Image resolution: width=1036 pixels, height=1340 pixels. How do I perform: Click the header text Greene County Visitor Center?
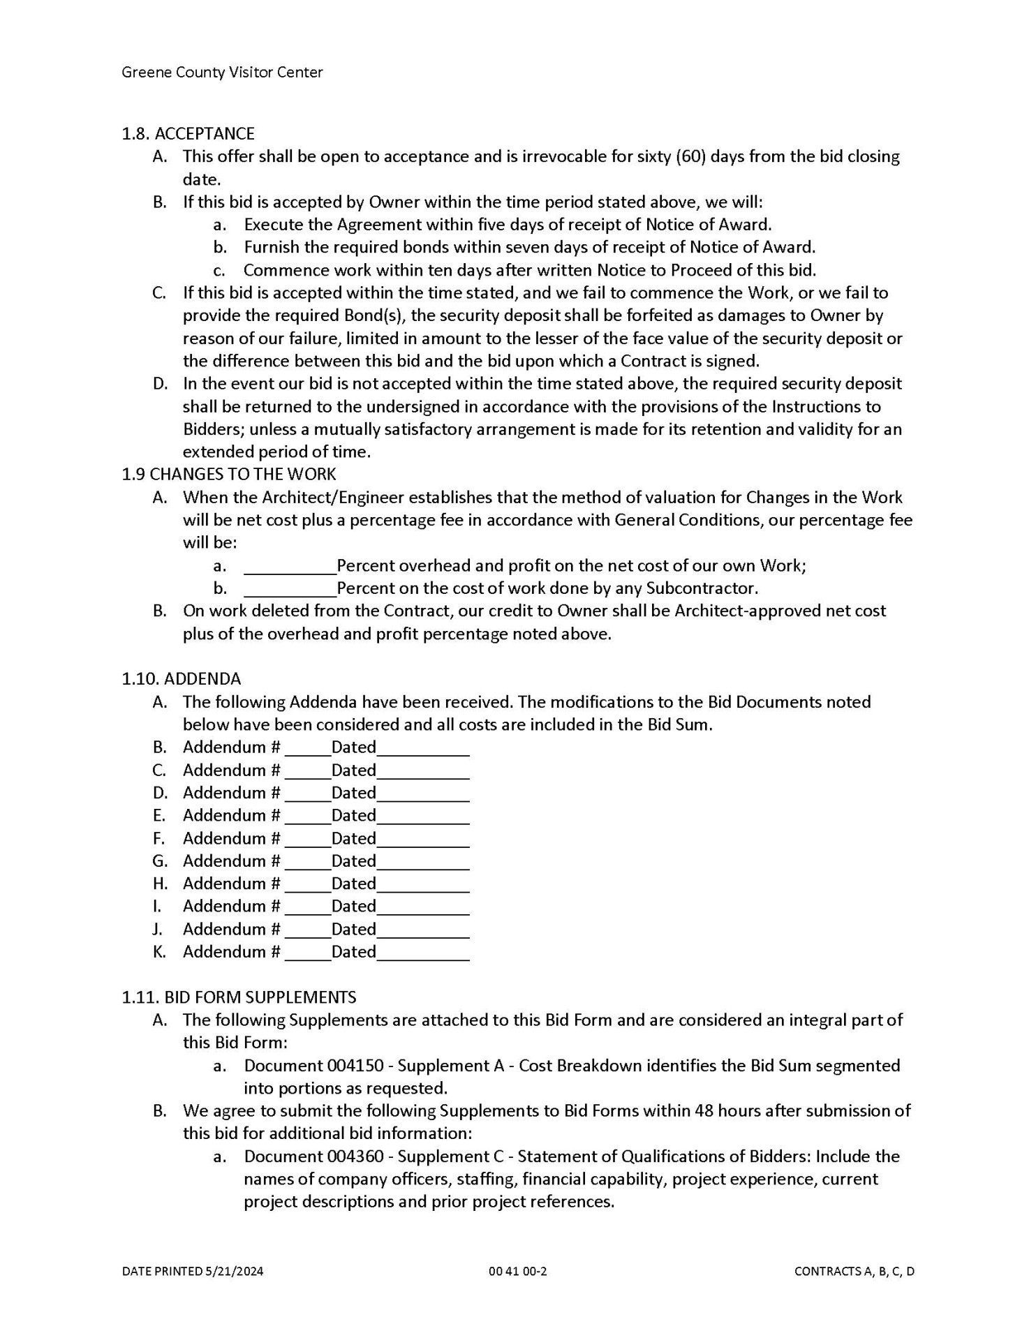222,72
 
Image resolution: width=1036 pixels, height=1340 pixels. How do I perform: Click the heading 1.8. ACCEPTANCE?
188,133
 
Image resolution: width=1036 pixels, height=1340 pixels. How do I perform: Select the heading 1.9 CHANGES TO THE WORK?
228,474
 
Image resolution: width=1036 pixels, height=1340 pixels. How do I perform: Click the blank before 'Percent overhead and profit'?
289,565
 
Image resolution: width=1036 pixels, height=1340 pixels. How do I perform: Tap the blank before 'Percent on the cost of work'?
289,588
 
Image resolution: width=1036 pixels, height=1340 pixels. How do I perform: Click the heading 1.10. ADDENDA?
181,678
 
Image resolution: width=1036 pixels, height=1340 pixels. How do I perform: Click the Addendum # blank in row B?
307,749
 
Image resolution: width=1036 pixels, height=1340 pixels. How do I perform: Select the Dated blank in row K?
422,953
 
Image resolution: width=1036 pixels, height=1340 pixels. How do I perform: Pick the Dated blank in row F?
422,840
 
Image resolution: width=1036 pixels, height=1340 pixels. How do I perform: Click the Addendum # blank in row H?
307,885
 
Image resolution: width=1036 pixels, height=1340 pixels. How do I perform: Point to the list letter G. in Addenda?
160,861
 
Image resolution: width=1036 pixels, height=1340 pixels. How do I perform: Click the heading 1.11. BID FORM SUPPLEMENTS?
239,997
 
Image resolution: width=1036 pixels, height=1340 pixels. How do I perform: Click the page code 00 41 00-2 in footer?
517,1271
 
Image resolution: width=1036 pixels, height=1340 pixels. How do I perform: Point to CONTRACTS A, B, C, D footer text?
854,1271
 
